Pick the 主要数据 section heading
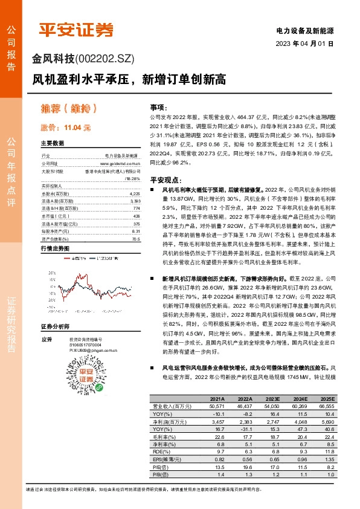point(52,144)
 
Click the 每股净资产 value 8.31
point(135,231)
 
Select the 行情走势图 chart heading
point(55,248)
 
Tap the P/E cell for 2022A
point(245,467)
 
